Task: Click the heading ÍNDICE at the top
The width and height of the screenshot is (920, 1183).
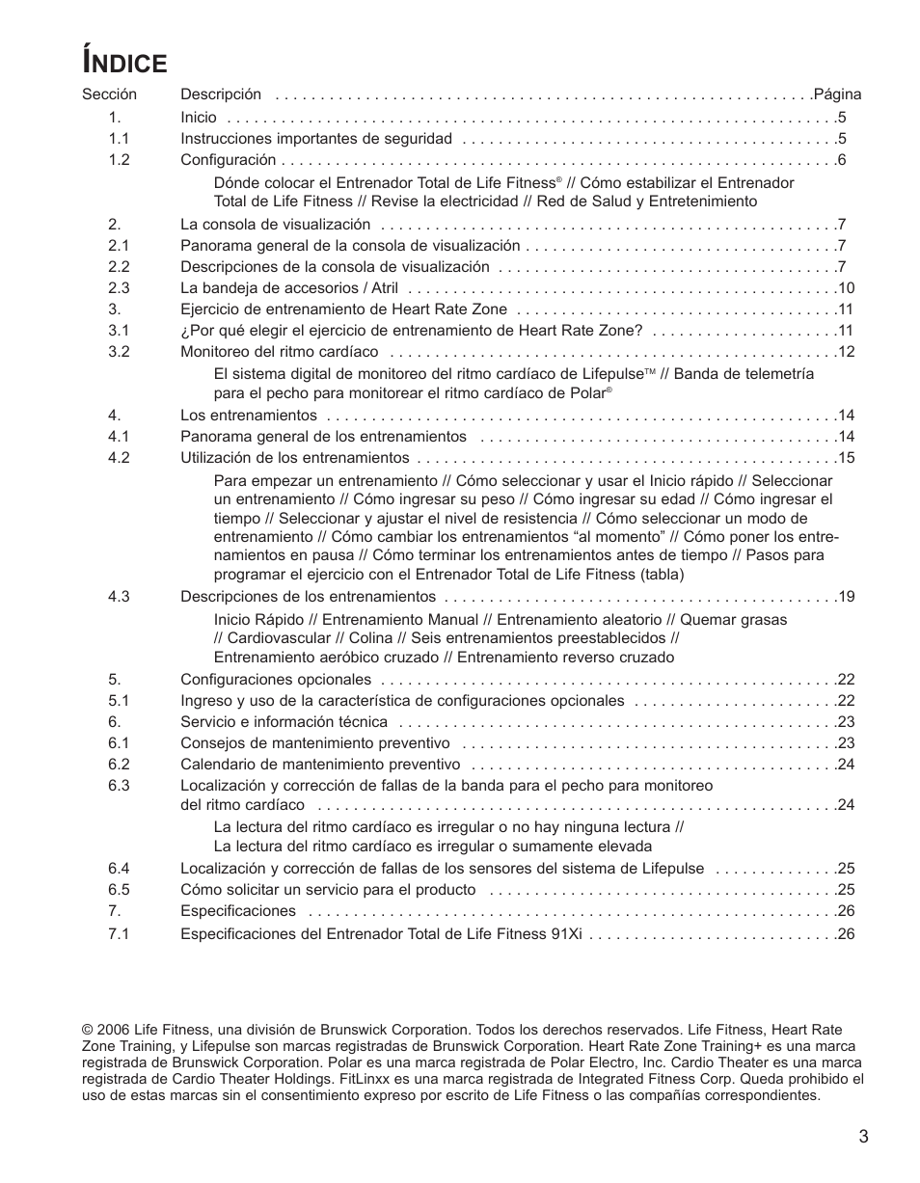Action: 125,62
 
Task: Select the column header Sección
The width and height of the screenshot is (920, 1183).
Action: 109,94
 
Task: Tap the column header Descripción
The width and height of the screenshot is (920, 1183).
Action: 221,94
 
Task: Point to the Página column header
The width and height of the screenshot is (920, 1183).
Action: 837,94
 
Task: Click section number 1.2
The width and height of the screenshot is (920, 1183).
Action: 119,160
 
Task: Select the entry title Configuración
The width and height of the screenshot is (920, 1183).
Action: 229,160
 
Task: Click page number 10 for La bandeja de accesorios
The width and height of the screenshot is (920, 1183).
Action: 847,288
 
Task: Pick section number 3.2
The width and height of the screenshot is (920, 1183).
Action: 119,352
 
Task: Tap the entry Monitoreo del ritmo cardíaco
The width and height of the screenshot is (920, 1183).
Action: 280,352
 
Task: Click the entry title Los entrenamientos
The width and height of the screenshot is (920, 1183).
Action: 249,416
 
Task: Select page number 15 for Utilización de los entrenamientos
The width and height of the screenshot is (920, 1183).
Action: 847,458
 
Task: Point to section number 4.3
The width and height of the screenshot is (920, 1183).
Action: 119,597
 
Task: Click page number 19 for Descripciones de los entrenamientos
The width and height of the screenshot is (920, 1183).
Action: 847,597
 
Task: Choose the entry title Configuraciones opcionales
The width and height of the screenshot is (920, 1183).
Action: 276,680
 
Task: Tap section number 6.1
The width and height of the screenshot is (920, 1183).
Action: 119,743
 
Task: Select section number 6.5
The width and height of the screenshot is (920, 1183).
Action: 119,890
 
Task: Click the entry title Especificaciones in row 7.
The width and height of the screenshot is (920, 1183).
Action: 238,911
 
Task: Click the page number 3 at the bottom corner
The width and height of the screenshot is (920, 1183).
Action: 863,1137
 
